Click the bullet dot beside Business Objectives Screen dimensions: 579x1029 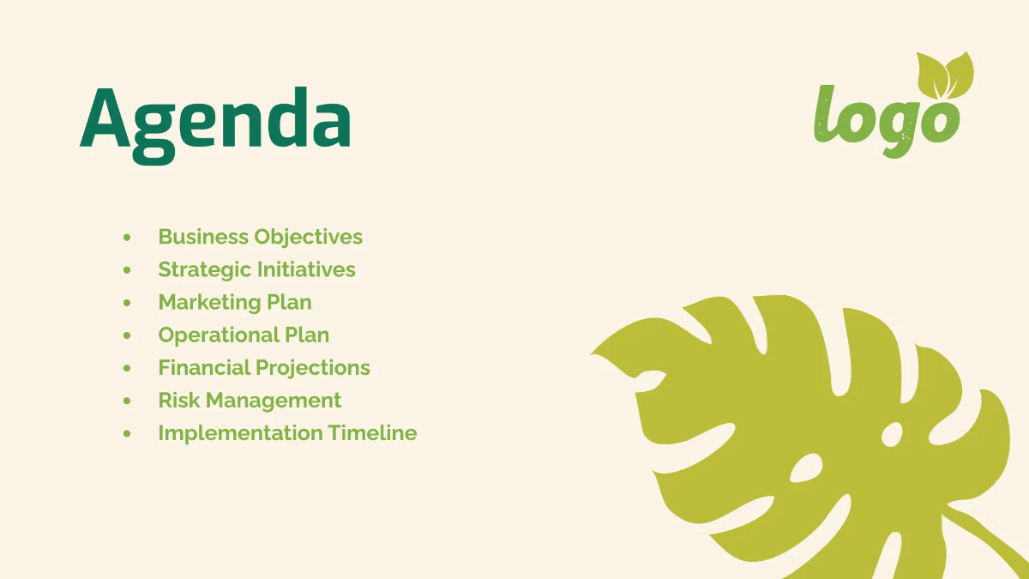(x=128, y=237)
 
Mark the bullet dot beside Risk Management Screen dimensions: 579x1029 (x=128, y=401)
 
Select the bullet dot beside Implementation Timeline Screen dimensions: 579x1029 (x=128, y=433)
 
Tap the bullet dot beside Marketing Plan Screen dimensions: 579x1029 (x=128, y=302)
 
